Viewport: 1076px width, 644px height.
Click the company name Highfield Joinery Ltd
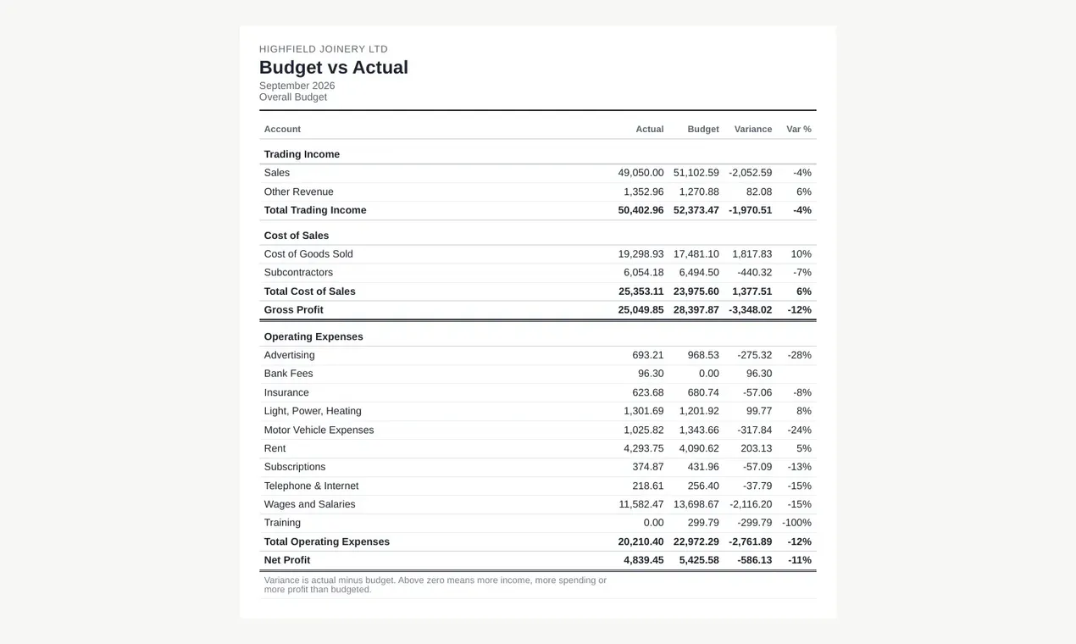click(324, 49)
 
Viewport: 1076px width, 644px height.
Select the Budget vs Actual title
click(333, 67)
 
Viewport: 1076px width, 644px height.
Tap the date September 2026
click(297, 86)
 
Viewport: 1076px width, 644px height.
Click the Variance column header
click(752, 130)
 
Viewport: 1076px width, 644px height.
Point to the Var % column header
click(798, 130)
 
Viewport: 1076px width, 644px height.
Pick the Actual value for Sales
click(641, 173)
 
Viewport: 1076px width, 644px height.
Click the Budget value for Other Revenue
click(699, 192)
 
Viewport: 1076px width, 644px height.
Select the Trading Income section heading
click(302, 154)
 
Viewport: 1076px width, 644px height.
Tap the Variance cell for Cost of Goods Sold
click(752, 253)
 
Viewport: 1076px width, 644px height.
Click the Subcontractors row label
click(298, 273)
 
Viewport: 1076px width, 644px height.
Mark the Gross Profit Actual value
click(641, 310)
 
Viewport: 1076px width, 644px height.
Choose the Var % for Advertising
click(799, 355)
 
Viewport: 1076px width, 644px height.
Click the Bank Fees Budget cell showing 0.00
click(708, 374)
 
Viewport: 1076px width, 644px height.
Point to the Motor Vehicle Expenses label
click(319, 430)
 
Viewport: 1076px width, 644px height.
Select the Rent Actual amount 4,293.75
click(643, 448)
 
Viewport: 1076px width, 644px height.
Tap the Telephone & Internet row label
click(311, 486)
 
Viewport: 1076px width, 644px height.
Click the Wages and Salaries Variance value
click(751, 504)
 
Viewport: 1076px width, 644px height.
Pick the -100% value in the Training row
click(796, 523)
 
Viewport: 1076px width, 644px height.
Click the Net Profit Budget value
click(699, 560)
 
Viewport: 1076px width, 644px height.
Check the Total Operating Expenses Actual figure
click(641, 541)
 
